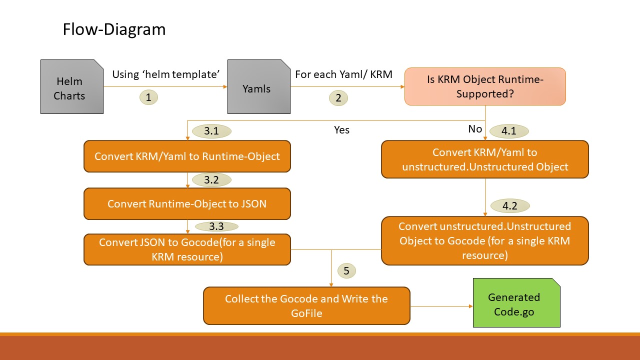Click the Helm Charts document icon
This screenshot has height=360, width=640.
(71, 87)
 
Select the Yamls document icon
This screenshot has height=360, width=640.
(258, 87)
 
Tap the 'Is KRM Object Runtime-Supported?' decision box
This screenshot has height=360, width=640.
(485, 86)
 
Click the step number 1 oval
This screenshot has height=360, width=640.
(148, 97)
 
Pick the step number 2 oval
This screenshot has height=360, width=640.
(338, 98)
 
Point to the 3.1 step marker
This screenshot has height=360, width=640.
(211, 131)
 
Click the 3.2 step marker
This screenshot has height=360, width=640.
(211, 180)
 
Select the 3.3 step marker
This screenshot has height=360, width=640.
(216, 226)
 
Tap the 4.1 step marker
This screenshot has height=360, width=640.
(508, 131)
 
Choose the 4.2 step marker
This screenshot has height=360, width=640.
(509, 205)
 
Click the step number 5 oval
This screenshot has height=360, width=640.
(347, 271)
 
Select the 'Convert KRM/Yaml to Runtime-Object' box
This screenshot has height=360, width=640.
(187, 156)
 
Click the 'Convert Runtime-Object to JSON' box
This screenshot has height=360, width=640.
(187, 203)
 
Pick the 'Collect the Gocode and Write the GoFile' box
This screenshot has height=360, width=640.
(306, 305)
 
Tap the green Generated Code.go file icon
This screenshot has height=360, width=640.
(516, 303)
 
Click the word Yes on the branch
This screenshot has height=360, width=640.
(341, 130)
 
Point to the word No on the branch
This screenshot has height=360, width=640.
(475, 129)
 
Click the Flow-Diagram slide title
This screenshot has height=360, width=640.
(114, 29)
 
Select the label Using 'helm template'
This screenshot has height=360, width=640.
(166, 74)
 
